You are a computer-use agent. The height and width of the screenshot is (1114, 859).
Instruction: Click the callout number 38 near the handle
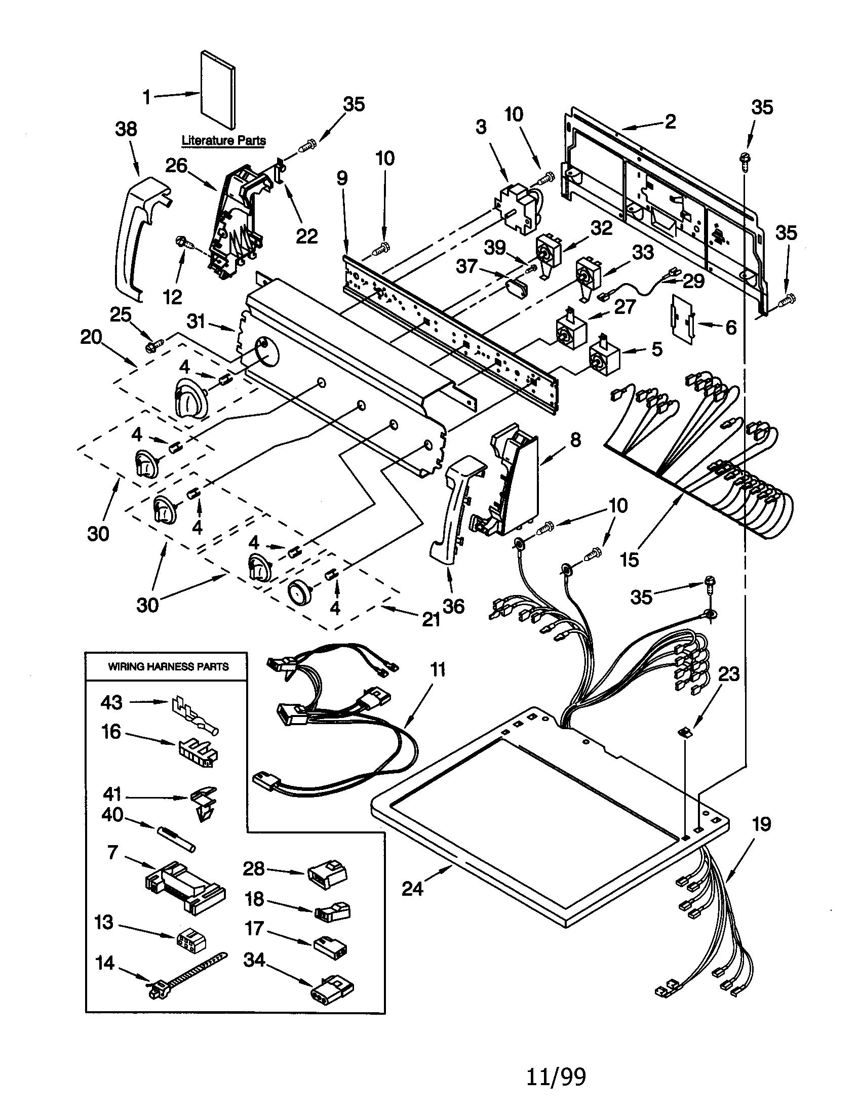[126, 129]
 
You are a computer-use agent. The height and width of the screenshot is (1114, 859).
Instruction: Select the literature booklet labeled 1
[218, 90]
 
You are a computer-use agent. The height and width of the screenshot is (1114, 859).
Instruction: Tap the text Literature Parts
[223, 140]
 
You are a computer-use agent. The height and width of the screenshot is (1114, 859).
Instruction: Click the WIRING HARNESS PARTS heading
[168, 667]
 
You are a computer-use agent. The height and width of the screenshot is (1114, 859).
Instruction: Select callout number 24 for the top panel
[412, 889]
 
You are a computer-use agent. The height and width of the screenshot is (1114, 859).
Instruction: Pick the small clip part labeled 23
[683, 733]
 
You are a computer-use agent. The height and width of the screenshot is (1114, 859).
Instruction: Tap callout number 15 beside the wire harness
[630, 560]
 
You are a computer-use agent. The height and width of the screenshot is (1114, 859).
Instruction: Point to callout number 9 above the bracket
[342, 178]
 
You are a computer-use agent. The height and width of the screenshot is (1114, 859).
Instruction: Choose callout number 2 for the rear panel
[670, 122]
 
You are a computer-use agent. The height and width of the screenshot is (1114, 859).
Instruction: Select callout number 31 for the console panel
[196, 322]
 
